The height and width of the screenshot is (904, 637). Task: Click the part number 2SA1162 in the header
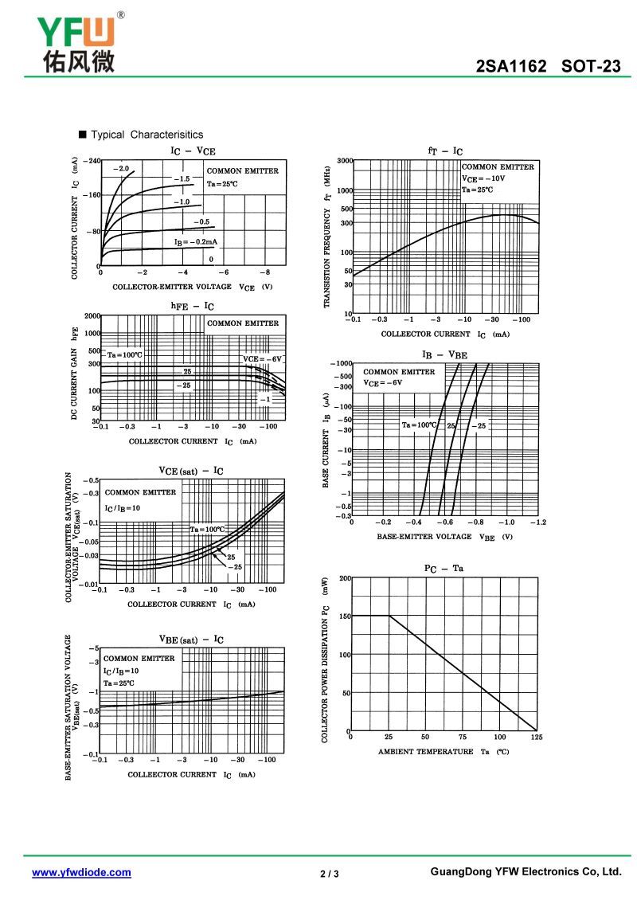[x=510, y=66]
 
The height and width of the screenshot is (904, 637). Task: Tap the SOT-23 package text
[x=591, y=66]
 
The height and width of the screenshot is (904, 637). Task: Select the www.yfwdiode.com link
[x=81, y=872]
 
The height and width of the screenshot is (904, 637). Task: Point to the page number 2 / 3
[x=329, y=874]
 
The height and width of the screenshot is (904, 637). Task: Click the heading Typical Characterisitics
[x=147, y=135]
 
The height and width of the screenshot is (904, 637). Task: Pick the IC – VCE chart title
[x=193, y=151]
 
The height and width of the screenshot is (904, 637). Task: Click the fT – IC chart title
[x=445, y=151]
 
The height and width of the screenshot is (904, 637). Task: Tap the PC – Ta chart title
[x=444, y=569]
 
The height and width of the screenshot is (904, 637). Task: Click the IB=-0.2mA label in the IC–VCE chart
[x=196, y=242]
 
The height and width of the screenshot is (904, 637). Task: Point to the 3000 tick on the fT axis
[x=345, y=161]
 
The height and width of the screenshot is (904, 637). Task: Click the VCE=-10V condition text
[x=483, y=178]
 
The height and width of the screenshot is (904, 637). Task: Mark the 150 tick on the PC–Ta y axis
[x=345, y=616]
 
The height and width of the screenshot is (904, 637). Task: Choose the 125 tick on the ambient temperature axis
[x=537, y=737]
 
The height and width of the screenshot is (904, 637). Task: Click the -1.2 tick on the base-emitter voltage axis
[x=537, y=522]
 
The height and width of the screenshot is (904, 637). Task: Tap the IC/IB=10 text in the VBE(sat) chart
[x=121, y=671]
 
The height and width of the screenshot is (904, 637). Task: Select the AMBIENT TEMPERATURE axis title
[x=425, y=752]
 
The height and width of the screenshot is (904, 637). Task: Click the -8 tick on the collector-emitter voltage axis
[x=264, y=272]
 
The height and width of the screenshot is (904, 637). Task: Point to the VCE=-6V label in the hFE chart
[x=262, y=359]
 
